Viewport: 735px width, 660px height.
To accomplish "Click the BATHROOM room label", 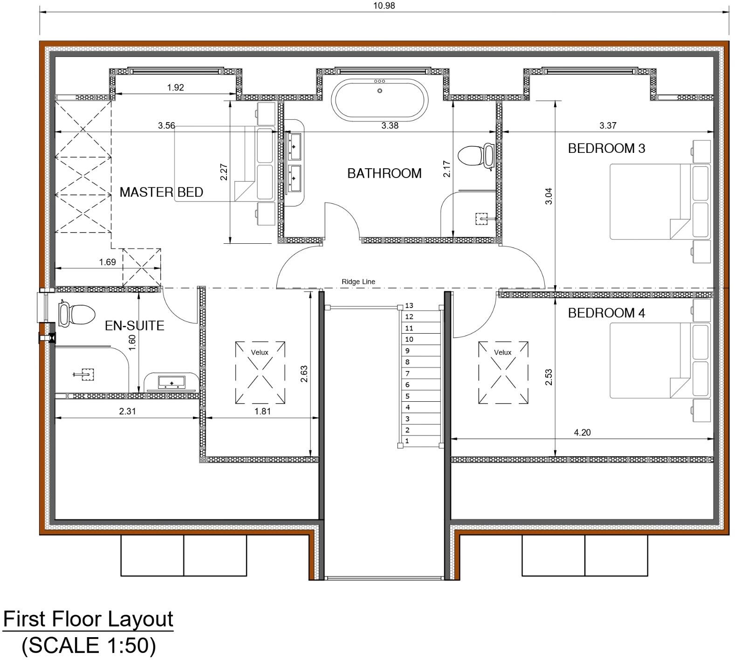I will click(x=384, y=173).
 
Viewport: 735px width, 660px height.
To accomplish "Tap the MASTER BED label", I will click(x=161, y=192).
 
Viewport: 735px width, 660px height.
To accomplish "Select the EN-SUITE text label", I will click(x=134, y=325).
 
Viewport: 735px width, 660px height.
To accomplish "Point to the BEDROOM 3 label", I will click(x=606, y=149).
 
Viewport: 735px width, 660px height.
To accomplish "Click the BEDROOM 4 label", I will click(x=606, y=313).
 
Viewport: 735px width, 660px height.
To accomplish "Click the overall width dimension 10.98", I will click(x=384, y=6).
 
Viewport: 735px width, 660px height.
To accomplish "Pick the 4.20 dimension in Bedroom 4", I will click(x=582, y=433).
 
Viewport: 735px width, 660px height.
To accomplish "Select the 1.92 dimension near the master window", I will click(x=175, y=87).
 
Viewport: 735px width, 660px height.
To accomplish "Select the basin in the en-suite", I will click(x=172, y=382).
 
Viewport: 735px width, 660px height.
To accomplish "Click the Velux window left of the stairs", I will click(x=260, y=372).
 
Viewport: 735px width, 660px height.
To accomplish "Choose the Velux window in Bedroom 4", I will click(x=503, y=372).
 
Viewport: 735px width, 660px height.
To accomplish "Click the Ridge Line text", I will click(x=358, y=282).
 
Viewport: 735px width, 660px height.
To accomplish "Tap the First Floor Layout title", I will click(x=88, y=619).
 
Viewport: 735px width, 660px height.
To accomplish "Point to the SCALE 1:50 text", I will click(x=88, y=645).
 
